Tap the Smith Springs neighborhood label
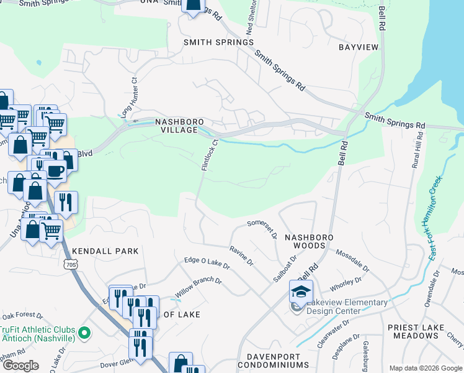(218, 42)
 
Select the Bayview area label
(358, 47)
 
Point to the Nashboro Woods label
(309, 242)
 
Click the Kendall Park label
(105, 251)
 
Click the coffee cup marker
(55, 170)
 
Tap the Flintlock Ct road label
(208, 155)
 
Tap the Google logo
(20, 366)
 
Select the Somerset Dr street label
(261, 228)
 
